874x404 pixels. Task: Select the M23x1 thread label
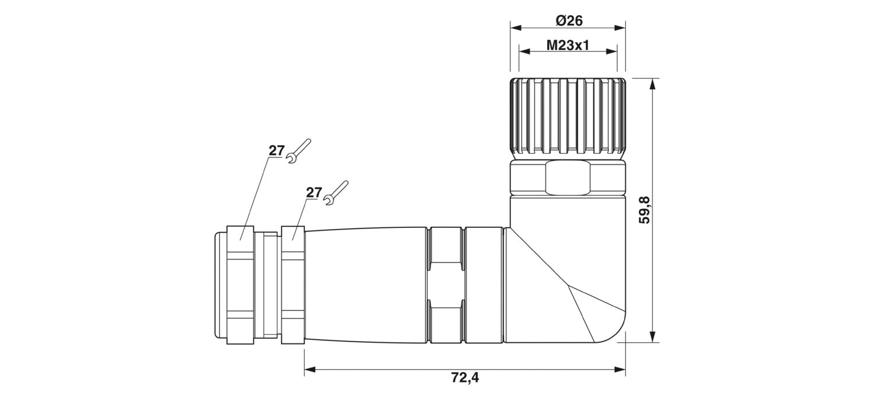568,45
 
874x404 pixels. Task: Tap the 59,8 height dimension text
645,210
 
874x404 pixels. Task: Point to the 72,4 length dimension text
465,377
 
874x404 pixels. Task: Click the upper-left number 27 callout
276,150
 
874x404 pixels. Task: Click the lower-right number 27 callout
313,192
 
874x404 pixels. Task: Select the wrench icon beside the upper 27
298,151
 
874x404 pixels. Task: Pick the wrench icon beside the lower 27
336,193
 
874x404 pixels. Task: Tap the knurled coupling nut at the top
568,119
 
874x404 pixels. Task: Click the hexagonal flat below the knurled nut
568,178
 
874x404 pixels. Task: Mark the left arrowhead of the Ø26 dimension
516,28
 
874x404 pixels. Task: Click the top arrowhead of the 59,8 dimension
651,84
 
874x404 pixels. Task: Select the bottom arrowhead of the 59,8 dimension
651,337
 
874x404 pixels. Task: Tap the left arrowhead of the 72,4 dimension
310,369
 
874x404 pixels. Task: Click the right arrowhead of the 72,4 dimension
620,369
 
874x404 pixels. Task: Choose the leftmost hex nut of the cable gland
240,285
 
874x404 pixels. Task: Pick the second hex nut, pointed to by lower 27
292,285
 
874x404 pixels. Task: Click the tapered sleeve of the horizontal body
366,285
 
